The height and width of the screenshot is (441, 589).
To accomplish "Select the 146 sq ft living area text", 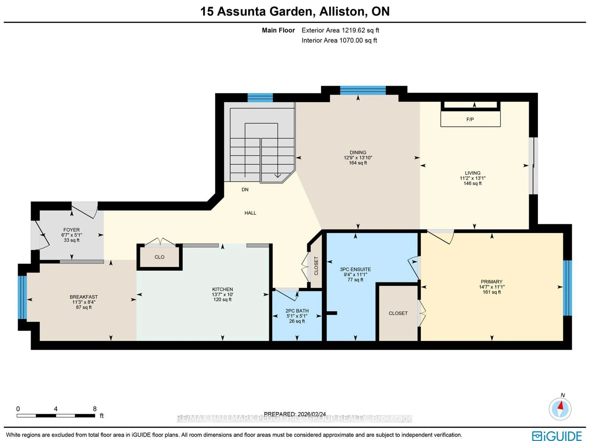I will point(472,183).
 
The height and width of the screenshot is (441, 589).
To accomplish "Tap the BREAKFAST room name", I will point(84,297).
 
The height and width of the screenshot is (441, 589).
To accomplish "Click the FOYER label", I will point(71,230).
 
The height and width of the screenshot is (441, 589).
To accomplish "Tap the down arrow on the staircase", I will point(277,175).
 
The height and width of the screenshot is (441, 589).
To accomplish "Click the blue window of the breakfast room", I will point(22,297).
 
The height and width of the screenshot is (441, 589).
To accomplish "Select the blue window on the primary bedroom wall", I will point(567,288).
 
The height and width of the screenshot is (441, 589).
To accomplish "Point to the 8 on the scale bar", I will point(94,409).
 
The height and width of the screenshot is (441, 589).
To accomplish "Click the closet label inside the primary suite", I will point(398,313).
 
